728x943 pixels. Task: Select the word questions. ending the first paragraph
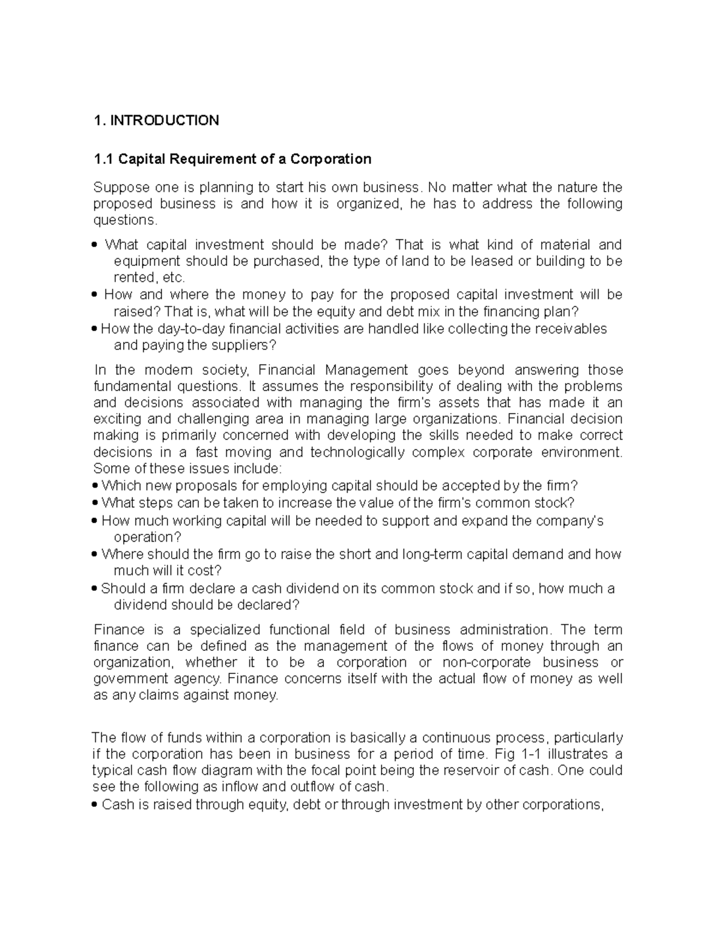pos(121,220)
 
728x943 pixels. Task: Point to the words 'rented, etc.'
pos(149,277)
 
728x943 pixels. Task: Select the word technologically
pos(357,452)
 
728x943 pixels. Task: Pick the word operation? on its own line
pos(148,537)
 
